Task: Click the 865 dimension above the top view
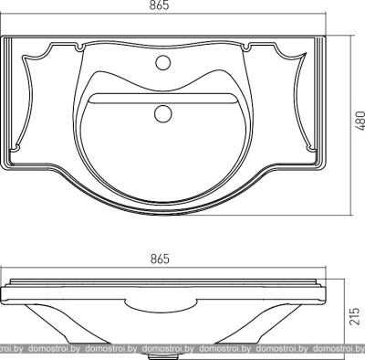click(x=159, y=5)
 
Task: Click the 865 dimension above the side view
click(x=160, y=259)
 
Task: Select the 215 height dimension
click(x=355, y=316)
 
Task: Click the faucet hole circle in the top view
click(x=162, y=62)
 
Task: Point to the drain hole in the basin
click(x=162, y=113)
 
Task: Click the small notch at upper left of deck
click(x=79, y=48)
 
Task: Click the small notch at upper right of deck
click(x=247, y=48)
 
